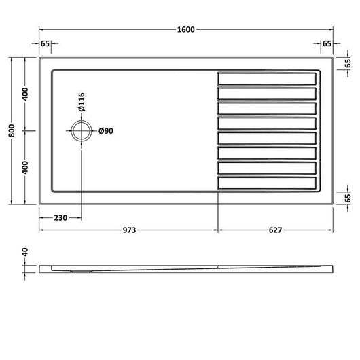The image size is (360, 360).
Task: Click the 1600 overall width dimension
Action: [x=185, y=30]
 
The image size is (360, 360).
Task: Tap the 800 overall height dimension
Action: [x=12, y=130]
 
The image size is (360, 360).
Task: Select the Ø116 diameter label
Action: [x=82, y=102]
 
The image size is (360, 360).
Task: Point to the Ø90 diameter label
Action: [x=106, y=131]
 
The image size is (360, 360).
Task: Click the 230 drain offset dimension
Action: [x=60, y=217]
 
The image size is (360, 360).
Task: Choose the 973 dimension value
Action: [x=130, y=230]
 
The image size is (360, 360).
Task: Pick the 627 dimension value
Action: [x=275, y=230]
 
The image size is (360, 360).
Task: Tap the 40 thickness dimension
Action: [x=25, y=252]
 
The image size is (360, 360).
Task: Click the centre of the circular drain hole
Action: [x=82, y=131]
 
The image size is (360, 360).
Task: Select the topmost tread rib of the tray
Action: [x=267, y=79]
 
